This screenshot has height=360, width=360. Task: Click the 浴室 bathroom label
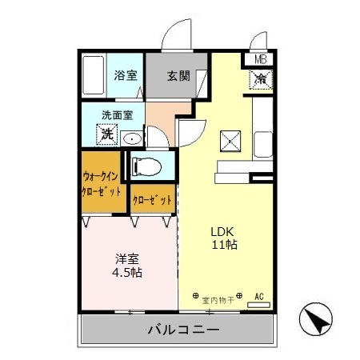click(x=125, y=77)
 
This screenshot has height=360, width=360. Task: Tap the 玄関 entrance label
click(x=178, y=77)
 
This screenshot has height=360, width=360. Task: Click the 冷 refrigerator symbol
click(x=262, y=78)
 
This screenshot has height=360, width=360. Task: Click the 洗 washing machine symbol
click(x=107, y=134)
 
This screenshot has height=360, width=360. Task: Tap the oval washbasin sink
click(x=133, y=138)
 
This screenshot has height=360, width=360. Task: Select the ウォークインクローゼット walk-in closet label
click(x=102, y=184)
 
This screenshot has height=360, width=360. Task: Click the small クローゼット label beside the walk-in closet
click(x=150, y=199)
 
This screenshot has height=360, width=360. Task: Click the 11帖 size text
click(x=223, y=244)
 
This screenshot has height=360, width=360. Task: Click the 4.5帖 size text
click(x=126, y=273)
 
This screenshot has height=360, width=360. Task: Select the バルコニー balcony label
click(x=178, y=330)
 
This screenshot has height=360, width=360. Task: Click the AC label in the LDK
click(x=259, y=296)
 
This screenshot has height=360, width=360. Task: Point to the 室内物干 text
click(x=216, y=300)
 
